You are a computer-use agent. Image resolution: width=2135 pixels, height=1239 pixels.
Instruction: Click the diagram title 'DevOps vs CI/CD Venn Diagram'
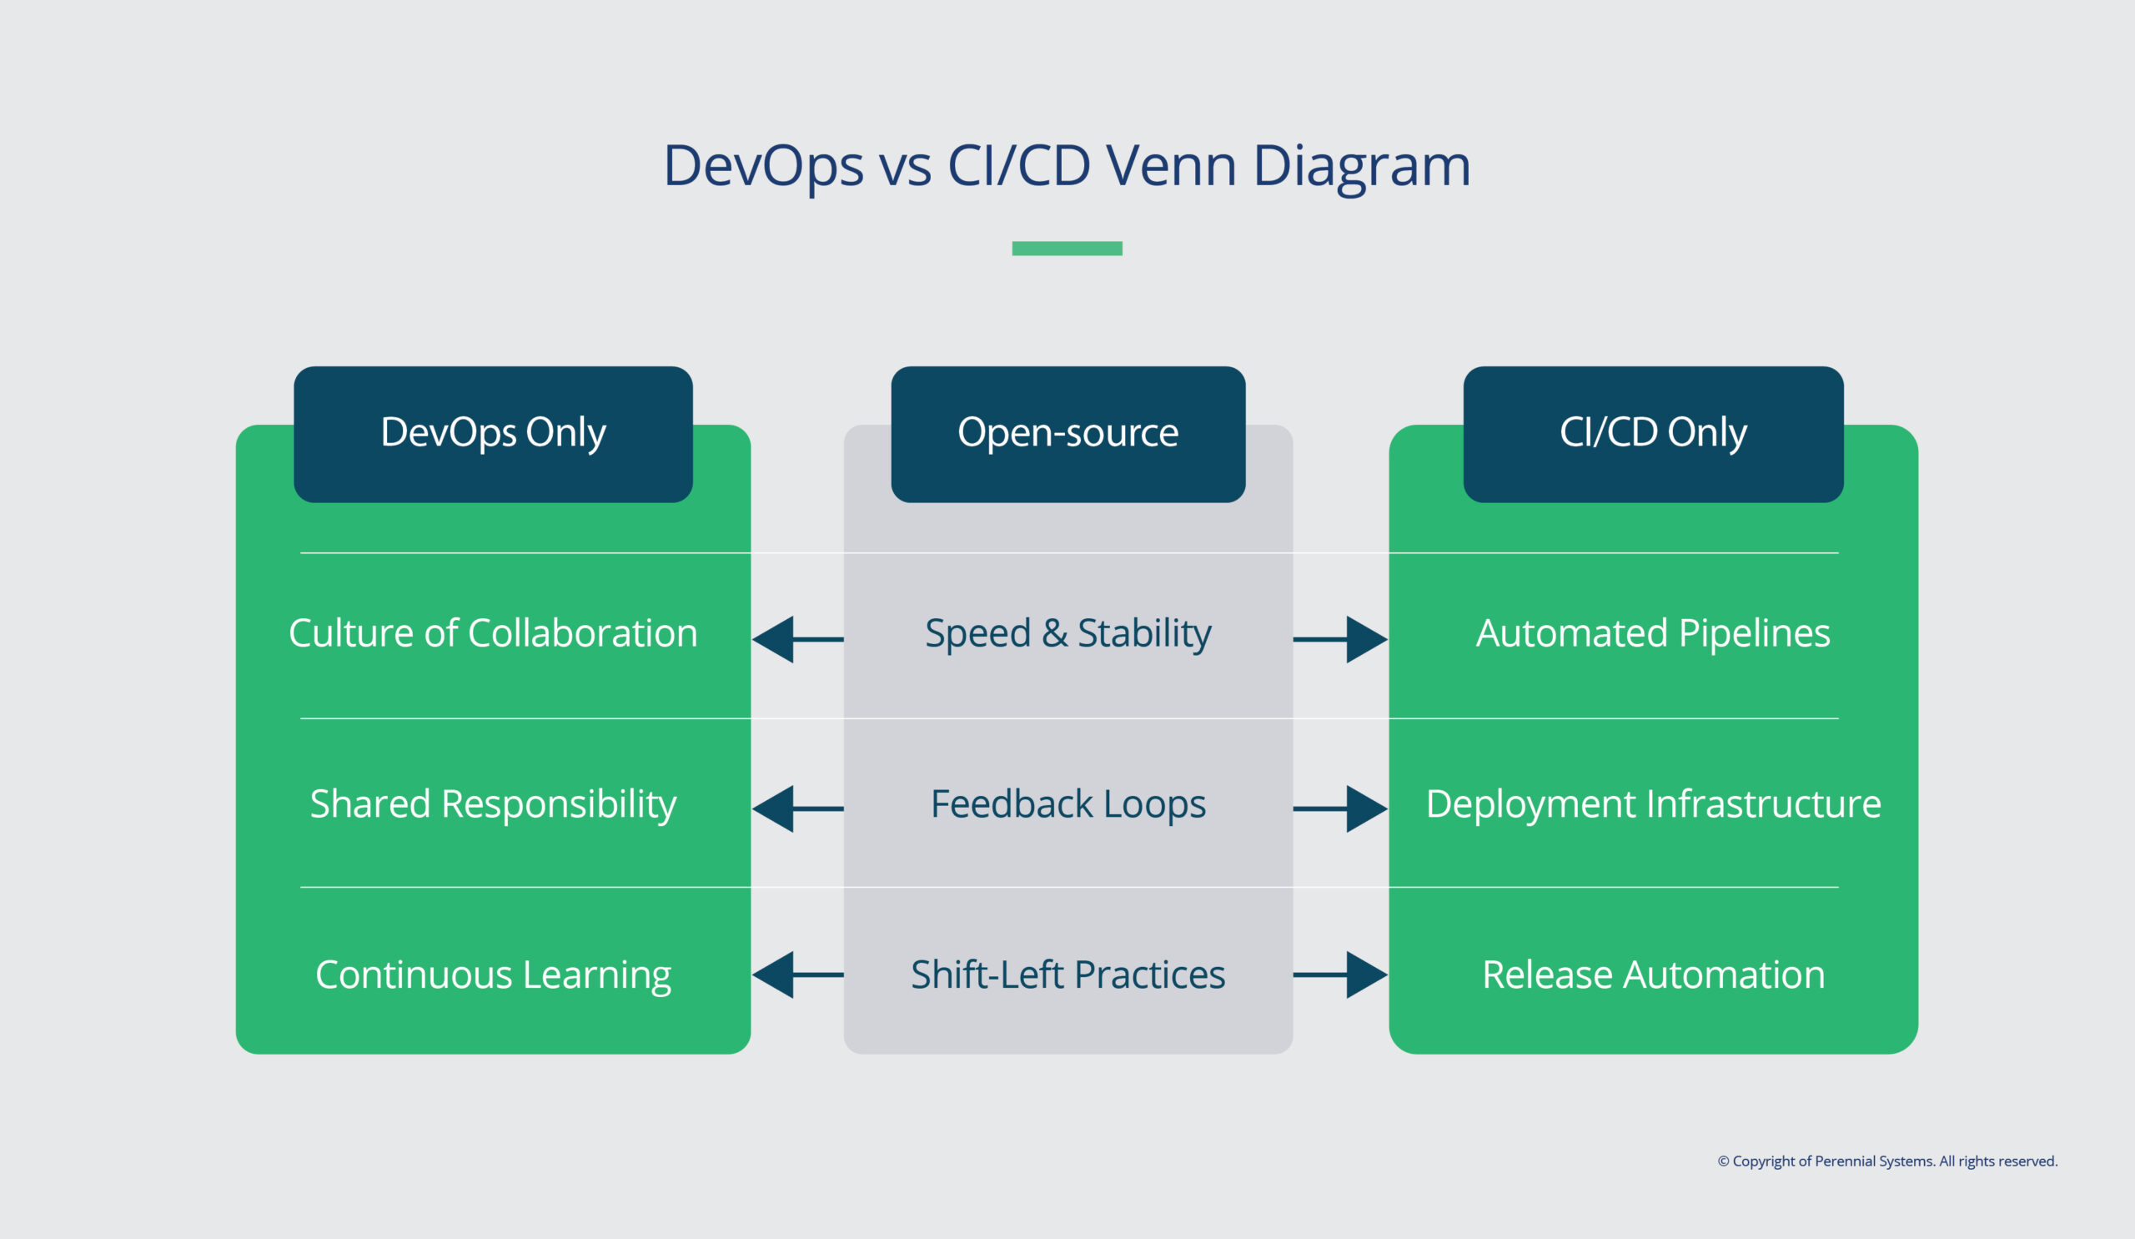(x=1067, y=165)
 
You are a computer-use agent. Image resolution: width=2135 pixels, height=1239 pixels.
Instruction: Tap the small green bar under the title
(x=1067, y=249)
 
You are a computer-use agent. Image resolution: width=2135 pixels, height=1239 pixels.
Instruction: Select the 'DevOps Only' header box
(x=493, y=434)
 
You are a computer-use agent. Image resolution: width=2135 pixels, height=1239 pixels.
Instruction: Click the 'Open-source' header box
(x=1067, y=434)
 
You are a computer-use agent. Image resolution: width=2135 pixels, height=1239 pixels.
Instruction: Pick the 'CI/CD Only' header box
(x=1653, y=434)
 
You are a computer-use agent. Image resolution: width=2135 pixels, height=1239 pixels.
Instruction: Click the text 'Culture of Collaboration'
(x=493, y=634)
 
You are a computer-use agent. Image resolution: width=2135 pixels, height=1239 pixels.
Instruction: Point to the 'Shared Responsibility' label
(x=493, y=804)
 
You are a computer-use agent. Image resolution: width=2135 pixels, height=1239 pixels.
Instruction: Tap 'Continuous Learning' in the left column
(x=493, y=975)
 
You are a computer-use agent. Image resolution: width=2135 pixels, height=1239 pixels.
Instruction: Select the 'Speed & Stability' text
(x=1067, y=634)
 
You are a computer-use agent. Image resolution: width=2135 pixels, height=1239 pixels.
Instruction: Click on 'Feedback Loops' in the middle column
(x=1067, y=804)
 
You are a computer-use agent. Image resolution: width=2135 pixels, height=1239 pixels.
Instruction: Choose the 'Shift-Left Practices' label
(x=1067, y=975)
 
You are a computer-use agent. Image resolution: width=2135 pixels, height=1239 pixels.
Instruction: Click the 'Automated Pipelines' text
(x=1653, y=634)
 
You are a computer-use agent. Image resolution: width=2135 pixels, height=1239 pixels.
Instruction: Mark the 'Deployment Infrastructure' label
(x=1653, y=804)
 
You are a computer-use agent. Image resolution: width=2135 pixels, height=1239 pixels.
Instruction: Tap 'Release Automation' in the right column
(x=1653, y=975)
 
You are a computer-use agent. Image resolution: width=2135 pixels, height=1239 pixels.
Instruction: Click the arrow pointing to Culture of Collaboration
(x=796, y=640)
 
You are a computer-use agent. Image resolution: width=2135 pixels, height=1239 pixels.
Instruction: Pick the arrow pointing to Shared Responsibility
(x=796, y=808)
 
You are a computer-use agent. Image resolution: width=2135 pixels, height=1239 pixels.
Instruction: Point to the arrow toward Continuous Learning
(x=796, y=975)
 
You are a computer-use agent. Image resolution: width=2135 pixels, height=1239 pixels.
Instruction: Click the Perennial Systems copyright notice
(x=1886, y=1161)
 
